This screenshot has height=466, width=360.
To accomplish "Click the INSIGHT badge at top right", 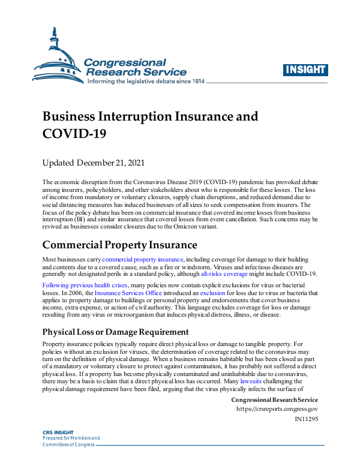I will pos(305,70).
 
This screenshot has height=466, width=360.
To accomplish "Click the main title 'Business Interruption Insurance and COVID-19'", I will pos(150,124).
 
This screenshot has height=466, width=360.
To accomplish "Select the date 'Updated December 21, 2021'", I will pos(93,163).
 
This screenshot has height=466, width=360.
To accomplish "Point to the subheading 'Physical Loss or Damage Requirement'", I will pos(116,332).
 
